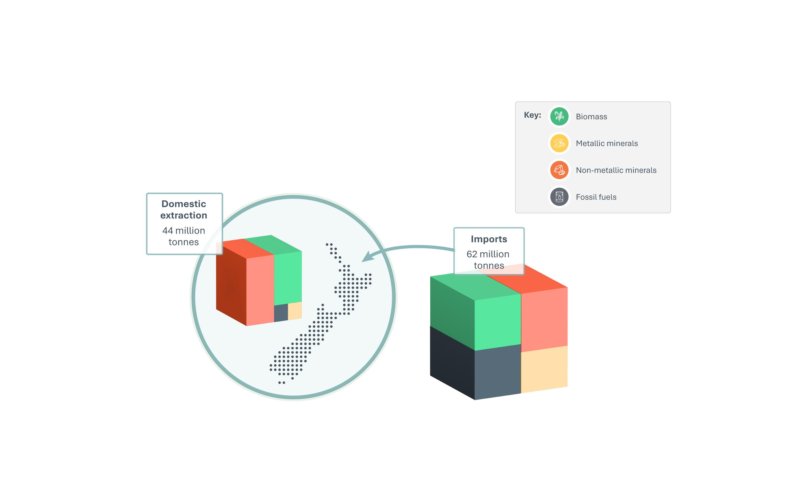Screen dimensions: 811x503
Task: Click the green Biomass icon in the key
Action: [559, 116]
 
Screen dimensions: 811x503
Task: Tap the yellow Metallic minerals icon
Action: [559, 143]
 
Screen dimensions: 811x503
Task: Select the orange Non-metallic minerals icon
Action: [559, 170]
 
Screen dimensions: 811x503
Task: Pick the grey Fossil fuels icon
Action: [559, 197]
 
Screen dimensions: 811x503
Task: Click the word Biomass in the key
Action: [591, 117]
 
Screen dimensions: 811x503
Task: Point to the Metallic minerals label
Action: [607, 143]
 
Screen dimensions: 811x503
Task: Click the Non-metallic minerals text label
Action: [616, 170]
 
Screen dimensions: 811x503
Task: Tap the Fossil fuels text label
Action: [596, 197]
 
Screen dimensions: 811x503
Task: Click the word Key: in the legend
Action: [532, 115]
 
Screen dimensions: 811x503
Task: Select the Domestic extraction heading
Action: [184, 209]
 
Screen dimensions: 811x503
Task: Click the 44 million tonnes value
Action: [184, 236]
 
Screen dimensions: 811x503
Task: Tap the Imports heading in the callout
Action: [489, 239]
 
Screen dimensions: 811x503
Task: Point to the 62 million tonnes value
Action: [488, 260]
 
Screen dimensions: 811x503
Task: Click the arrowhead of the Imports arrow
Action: [367, 257]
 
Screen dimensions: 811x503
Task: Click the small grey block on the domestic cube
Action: [281, 313]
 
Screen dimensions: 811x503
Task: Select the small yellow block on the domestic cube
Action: [295, 311]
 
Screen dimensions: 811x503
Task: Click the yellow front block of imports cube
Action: [544, 369]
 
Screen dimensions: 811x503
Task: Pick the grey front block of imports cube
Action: [497, 372]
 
